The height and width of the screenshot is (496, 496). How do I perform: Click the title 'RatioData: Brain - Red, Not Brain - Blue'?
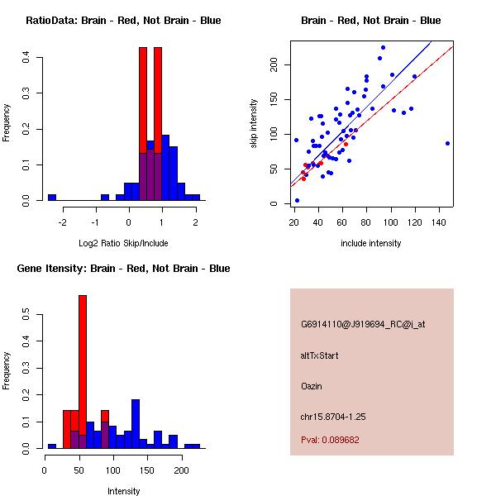pos(123,21)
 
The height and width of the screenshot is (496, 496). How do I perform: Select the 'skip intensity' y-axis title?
pos(255,123)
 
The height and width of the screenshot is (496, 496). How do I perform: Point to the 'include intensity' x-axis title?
pos(371,243)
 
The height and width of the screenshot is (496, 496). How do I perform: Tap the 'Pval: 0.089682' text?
pos(330,441)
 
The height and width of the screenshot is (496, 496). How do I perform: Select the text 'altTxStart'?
pos(319,355)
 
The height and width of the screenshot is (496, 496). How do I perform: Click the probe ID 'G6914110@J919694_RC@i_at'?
pos(363,325)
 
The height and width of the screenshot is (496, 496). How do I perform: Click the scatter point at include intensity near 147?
pos(447,143)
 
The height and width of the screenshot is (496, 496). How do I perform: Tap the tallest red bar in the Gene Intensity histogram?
pos(83,371)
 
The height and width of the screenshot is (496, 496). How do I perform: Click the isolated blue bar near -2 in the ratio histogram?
pos(52,198)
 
